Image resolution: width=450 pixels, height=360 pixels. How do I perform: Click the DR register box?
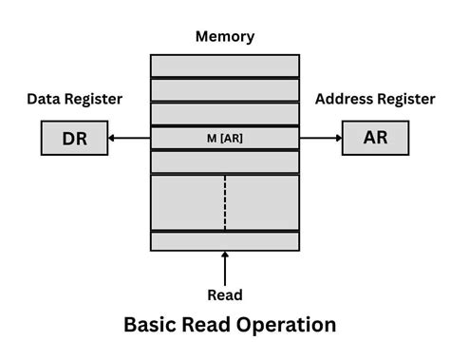[74, 139]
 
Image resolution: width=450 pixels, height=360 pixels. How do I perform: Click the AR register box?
[375, 139]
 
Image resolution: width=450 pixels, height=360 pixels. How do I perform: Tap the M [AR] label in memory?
[225, 139]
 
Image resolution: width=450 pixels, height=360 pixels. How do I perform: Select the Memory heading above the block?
[225, 37]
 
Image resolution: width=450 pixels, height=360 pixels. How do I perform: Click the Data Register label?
[74, 99]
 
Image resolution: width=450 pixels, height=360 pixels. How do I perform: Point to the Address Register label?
[375, 99]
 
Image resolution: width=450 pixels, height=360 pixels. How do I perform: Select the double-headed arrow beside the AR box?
[321, 139]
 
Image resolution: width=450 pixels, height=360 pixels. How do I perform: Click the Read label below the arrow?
[225, 294]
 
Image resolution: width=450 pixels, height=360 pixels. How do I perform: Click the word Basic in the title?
[153, 326]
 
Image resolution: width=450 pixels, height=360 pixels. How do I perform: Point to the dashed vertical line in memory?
[225, 202]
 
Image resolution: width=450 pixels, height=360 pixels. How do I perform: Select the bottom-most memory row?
[225, 241]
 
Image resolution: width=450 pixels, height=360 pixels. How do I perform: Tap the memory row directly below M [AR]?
[225, 162]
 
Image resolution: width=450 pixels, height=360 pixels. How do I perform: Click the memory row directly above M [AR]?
[225, 114]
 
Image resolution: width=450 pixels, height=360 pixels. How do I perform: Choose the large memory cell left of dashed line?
[188, 202]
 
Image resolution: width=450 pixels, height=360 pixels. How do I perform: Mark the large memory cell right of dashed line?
[262, 202]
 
